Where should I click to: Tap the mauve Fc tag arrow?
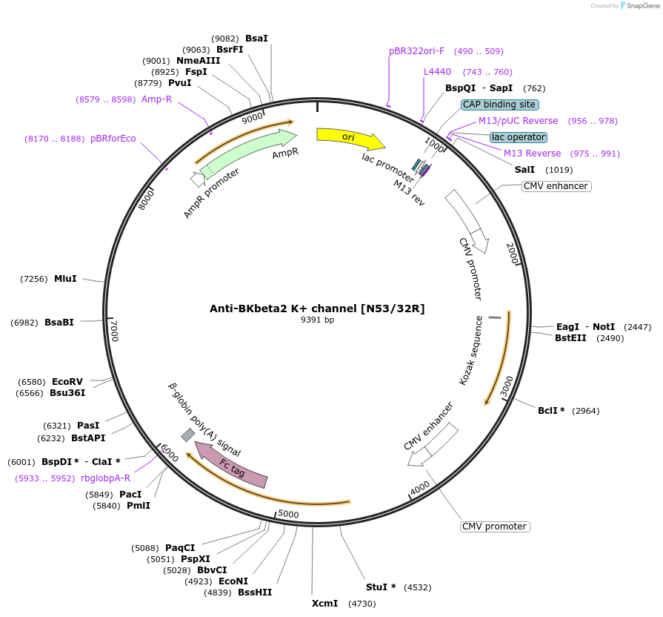230,466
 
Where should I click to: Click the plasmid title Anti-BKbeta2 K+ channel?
317,308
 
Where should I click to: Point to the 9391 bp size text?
317,320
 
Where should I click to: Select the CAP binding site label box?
499,105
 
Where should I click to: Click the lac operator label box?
519,137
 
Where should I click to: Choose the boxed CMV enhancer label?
556,186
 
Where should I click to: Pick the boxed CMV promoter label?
495,527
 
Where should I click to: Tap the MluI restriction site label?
65,279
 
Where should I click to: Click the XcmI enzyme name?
324,604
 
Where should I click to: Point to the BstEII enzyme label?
570,338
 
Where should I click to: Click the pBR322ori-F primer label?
416,51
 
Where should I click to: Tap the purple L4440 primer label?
437,72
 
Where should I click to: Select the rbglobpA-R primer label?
105,478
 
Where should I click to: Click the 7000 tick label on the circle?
113,331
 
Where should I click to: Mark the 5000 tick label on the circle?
287,514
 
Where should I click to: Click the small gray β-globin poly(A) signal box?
188,435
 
